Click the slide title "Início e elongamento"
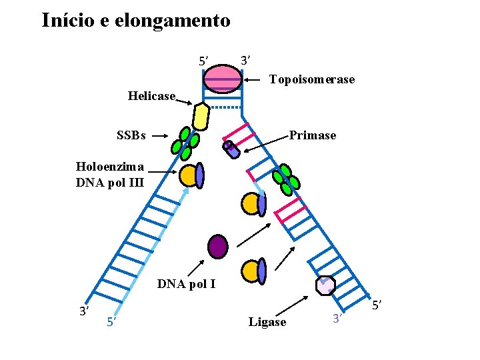pyautogui.click(x=136, y=21)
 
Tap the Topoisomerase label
pyautogui.click(x=311, y=80)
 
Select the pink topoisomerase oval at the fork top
pyautogui.click(x=223, y=79)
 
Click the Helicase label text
pyautogui.click(x=151, y=96)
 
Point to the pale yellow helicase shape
pyautogui.click(x=200, y=117)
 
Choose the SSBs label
pyautogui.click(x=131, y=135)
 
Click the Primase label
pyautogui.click(x=312, y=135)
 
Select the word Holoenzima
pyautogui.click(x=110, y=167)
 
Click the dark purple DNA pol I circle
pyautogui.click(x=217, y=246)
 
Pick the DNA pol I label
pyautogui.click(x=186, y=285)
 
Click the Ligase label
pyautogui.click(x=267, y=323)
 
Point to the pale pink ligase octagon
pyautogui.click(x=325, y=285)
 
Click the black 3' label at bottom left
pyautogui.click(x=85, y=311)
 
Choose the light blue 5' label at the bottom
pyautogui.click(x=112, y=323)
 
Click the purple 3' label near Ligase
pyautogui.click(x=337, y=319)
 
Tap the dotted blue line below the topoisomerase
pyautogui.click(x=223, y=106)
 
